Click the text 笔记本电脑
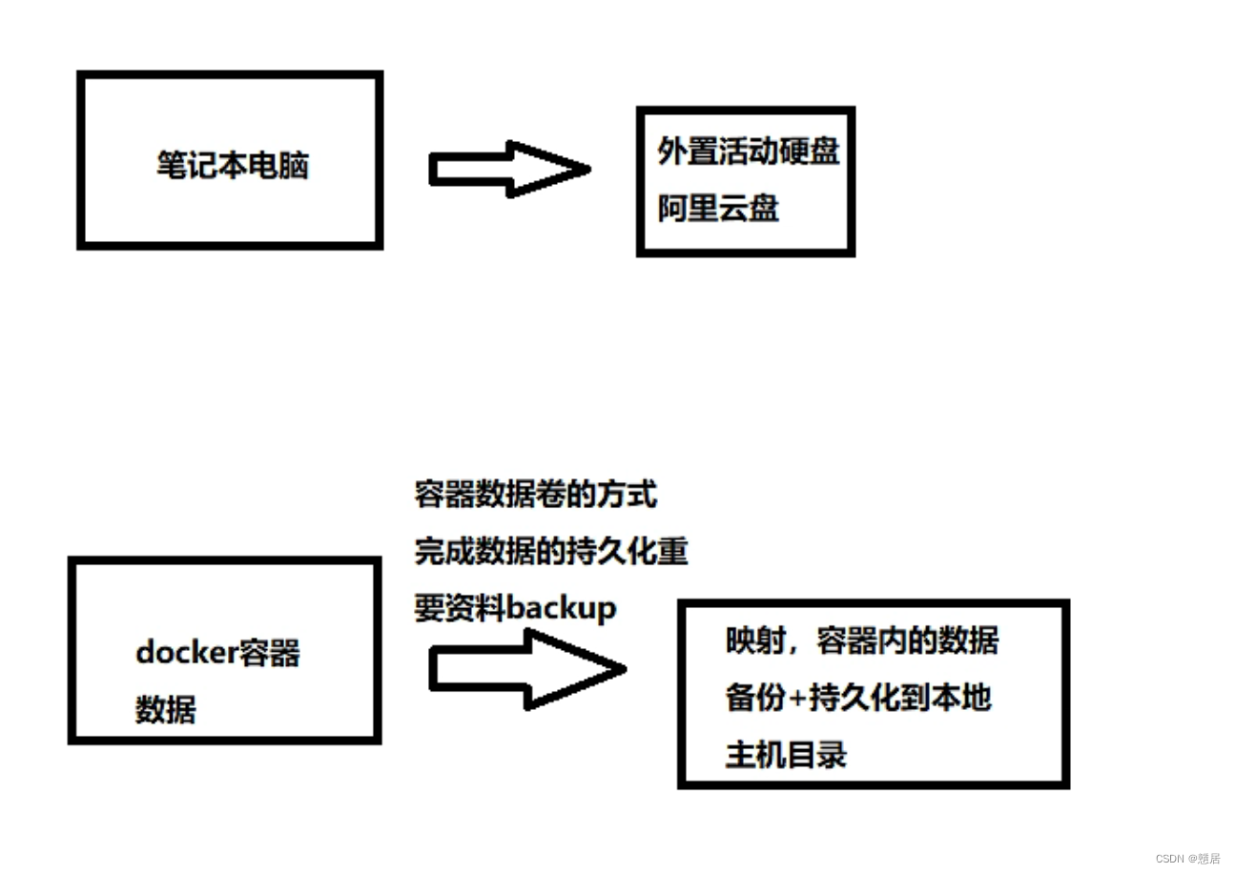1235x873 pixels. [x=233, y=166]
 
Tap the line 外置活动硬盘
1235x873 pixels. [x=749, y=151]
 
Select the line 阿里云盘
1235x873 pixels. [x=718, y=208]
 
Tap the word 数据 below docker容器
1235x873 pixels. [x=166, y=709]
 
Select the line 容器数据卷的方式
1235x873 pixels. [x=536, y=495]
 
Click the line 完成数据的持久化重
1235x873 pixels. [x=551, y=551]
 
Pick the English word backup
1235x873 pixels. [x=562, y=607]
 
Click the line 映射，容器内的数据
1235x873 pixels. [x=862, y=641]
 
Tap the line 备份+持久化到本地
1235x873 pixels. [x=858, y=698]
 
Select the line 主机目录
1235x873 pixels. [x=786, y=755]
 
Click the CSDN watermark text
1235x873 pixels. [x=1187, y=858]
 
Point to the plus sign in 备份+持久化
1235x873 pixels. [x=796, y=699]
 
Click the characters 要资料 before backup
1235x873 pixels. [x=460, y=607]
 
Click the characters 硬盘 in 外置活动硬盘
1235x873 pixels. [x=810, y=151]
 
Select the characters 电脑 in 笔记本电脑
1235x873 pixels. [x=278, y=166]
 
